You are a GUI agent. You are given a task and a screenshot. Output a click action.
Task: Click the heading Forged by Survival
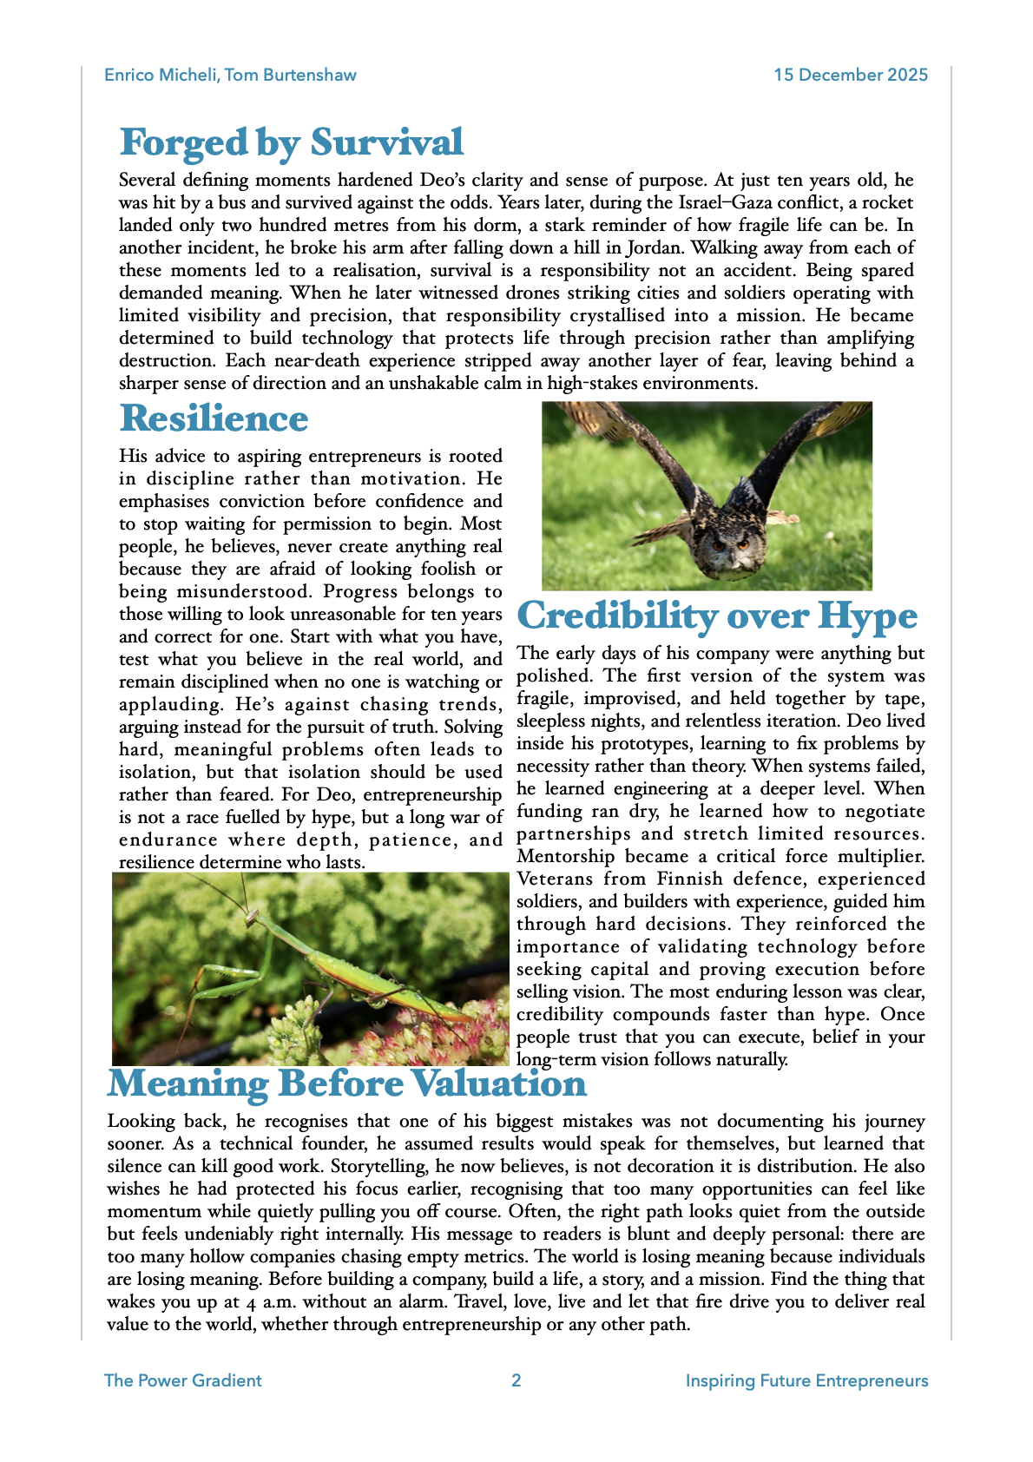pyautogui.click(x=291, y=143)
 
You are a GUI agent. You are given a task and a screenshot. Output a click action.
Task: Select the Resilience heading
pyautogui.click(x=214, y=419)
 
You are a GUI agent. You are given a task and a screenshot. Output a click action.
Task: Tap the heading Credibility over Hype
pyautogui.click(x=717, y=616)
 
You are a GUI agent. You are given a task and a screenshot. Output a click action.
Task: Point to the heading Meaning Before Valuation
pyautogui.click(x=346, y=1084)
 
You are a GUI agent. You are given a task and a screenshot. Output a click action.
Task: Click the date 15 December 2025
pyautogui.click(x=851, y=75)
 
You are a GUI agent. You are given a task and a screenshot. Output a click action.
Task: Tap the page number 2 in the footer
pyautogui.click(x=516, y=1380)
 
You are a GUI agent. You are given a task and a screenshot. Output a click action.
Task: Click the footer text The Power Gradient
pyautogui.click(x=182, y=1380)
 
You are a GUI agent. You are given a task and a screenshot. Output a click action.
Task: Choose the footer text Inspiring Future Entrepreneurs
pyautogui.click(x=806, y=1380)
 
